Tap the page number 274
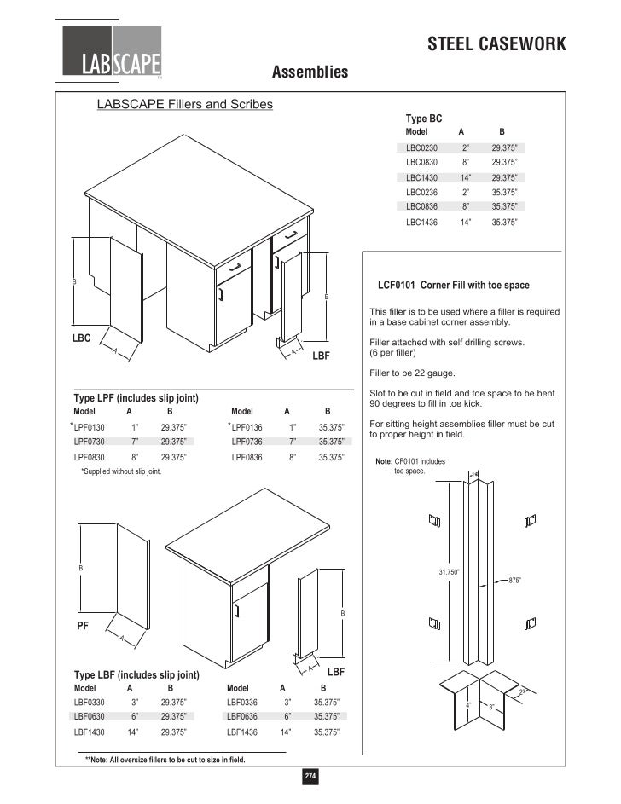tap(310, 777)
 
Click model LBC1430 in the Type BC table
tap(421, 177)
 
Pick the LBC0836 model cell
tap(421, 206)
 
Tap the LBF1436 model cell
tap(242, 732)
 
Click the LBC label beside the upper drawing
tap(81, 338)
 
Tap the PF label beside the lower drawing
tap(84, 625)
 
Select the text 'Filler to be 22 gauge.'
tap(413, 373)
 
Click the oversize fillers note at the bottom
tap(165, 760)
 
